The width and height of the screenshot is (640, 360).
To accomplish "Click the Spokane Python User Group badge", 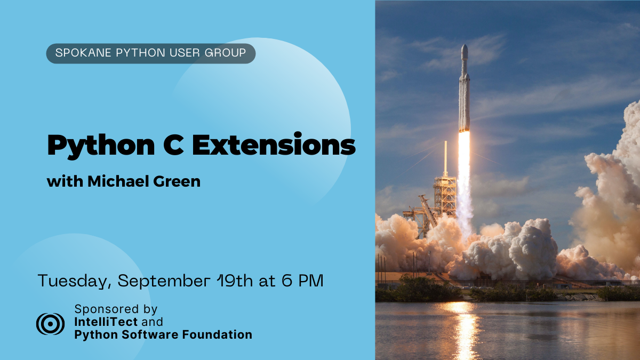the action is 151,53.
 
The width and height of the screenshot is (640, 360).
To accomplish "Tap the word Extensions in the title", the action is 274,144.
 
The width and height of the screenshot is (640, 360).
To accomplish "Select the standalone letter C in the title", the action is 173,145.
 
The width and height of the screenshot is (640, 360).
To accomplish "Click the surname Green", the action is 177,181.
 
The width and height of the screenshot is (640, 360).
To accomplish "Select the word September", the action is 164,281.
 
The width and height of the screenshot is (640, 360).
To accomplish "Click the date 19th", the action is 235,281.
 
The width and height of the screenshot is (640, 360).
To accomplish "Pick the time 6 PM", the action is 302,281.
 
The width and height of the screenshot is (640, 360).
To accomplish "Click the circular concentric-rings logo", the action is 50,324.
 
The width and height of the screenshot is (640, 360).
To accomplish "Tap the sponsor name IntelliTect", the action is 106,322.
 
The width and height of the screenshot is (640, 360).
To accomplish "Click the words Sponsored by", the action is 116,309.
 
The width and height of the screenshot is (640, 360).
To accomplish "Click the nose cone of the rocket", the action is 465,51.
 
